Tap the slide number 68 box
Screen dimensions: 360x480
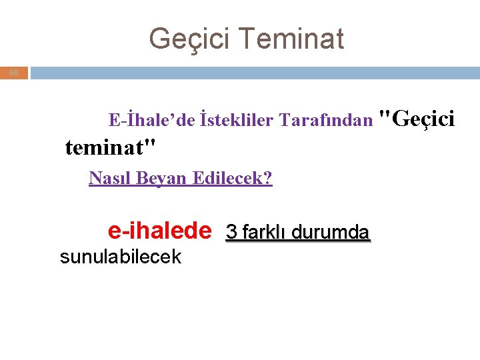14,72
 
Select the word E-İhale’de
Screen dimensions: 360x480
152,120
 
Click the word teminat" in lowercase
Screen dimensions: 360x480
111,146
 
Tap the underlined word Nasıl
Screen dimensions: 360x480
107,178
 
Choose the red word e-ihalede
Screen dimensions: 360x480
159,231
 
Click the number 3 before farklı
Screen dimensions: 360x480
231,232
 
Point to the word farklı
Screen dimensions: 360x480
263,232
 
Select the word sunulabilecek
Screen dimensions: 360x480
120,257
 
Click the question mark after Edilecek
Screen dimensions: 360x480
269,178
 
